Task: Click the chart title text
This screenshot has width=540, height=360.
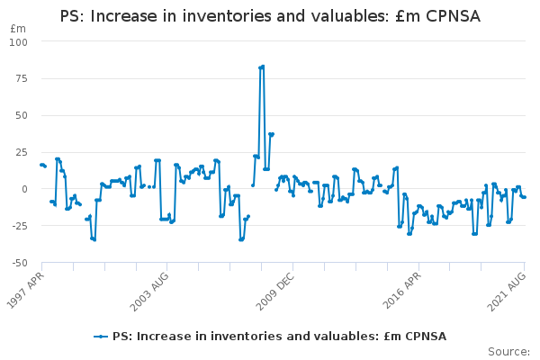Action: pos(270,16)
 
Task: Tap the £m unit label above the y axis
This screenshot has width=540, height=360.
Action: pos(18,29)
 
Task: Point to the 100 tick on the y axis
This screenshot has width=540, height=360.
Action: pos(19,42)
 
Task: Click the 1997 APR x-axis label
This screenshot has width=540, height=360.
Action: pos(25,291)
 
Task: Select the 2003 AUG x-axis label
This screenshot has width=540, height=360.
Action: pos(149,291)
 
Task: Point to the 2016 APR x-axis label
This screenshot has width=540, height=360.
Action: pos(403,291)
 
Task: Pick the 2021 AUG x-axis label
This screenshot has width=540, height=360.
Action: pos(506,291)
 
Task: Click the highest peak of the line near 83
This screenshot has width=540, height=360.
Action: pos(262,67)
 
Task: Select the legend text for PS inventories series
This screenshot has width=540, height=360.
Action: pos(279,337)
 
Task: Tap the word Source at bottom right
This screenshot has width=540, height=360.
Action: pos(508,351)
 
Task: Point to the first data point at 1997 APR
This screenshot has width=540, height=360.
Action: pos(40,165)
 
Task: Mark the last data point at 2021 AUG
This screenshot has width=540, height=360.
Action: pos(524,197)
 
